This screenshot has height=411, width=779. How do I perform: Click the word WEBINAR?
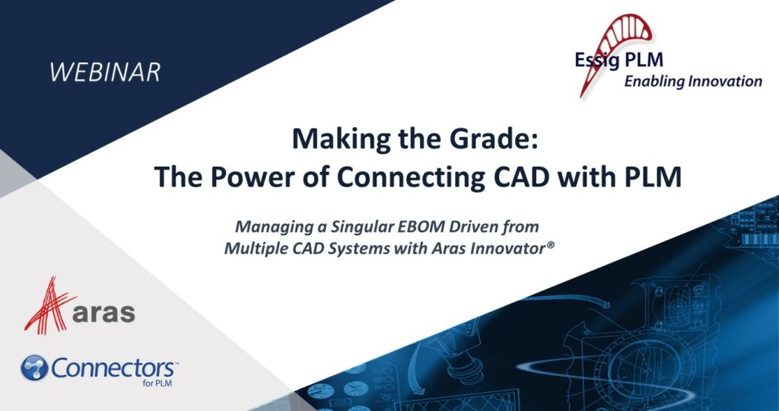point(105,72)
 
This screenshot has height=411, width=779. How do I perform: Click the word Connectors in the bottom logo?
point(114,368)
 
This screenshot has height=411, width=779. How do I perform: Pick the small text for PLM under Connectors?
point(161,384)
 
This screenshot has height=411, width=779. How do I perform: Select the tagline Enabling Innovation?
point(692,81)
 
